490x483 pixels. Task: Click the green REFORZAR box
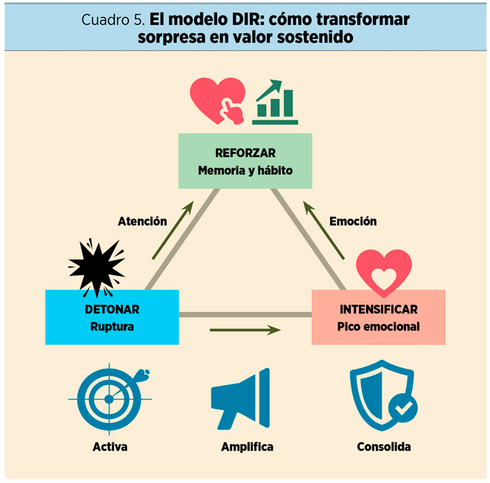(245, 161)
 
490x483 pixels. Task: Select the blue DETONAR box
(111, 317)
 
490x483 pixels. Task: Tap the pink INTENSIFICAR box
(379, 317)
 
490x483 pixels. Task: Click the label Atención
(142, 220)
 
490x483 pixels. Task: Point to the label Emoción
(353, 220)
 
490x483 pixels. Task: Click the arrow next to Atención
(173, 230)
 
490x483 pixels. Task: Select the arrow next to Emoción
(323, 230)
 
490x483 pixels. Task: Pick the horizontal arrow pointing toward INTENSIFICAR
(245, 330)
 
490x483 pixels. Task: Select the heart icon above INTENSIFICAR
(384, 272)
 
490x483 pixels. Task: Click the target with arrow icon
(111, 397)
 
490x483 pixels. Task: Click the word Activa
(110, 447)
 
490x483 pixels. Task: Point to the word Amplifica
(247, 447)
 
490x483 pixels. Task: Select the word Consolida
(383, 447)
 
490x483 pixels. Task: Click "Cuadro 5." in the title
(113, 20)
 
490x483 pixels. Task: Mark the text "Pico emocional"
(379, 326)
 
